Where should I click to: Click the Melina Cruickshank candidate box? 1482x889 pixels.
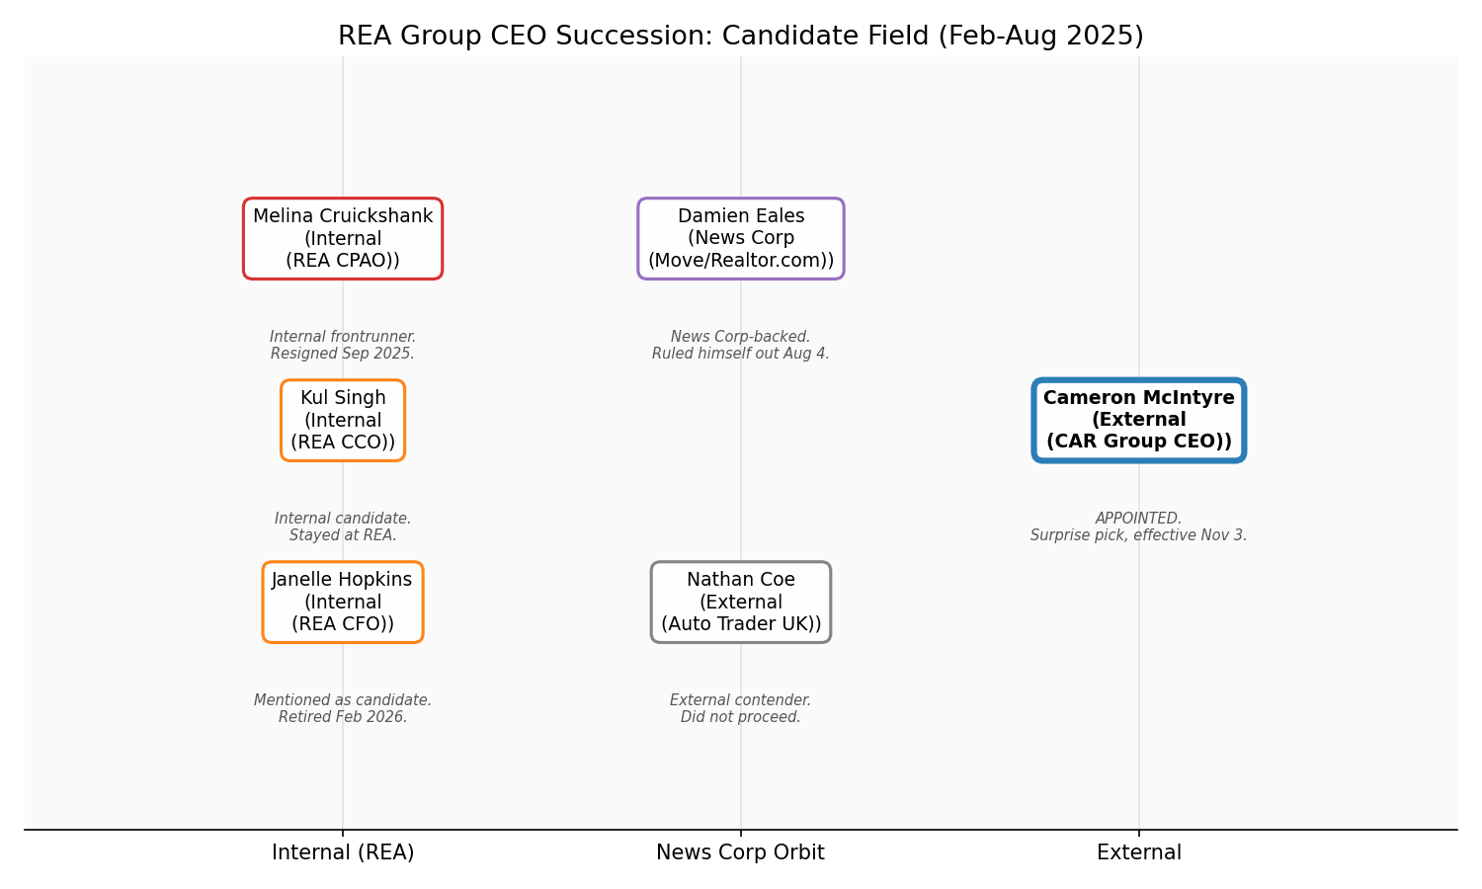343,238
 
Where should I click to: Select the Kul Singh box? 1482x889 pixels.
343,420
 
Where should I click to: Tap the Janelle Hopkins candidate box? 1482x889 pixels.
343,602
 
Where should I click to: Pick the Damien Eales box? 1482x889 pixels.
741,238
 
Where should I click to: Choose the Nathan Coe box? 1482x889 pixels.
741,602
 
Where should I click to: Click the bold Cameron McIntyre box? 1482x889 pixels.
1139,420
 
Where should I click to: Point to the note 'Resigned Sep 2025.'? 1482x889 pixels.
343,354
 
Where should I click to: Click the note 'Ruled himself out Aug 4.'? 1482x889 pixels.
741,354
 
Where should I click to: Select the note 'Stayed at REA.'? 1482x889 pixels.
343,535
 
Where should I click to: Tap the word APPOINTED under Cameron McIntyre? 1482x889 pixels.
1138,519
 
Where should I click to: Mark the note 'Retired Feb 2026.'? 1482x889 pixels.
343,717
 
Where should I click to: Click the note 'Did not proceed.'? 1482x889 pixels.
741,717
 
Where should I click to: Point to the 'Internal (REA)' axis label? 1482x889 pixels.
343,852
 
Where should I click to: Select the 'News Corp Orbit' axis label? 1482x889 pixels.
741,852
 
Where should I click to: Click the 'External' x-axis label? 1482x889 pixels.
1139,852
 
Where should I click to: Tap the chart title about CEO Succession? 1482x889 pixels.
741,37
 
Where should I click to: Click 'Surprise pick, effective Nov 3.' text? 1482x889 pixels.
1138,535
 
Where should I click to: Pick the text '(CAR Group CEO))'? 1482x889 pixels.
1139,442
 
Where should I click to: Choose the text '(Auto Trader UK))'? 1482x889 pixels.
741,624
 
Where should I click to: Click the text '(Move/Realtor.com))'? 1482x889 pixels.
741,261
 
